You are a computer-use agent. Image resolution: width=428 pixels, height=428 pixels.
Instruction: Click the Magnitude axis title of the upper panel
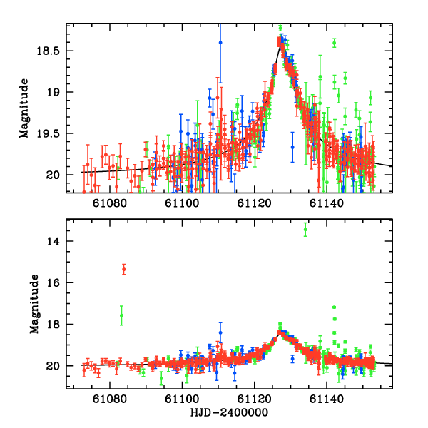pos(24,108)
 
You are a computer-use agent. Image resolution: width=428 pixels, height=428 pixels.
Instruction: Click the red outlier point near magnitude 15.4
pos(123,269)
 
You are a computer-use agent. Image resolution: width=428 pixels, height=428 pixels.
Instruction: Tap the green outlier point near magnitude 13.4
pos(305,229)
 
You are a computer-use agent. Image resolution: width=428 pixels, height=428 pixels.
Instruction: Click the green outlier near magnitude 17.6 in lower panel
pos(122,315)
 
